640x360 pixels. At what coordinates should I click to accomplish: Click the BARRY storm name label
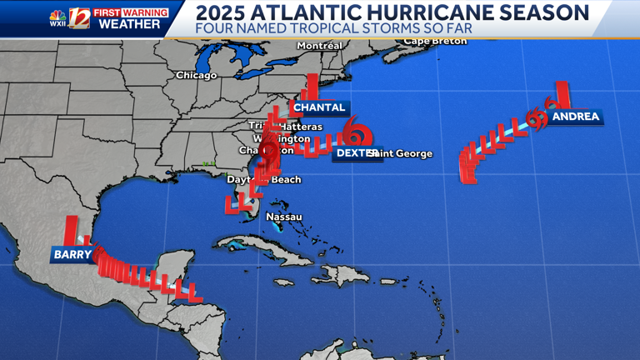(x=72, y=254)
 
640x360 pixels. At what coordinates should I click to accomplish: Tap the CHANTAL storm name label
(x=319, y=107)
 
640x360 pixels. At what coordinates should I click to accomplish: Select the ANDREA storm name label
(x=576, y=117)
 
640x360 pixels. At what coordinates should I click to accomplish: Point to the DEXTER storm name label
(x=350, y=153)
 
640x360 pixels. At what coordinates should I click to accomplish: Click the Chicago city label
(x=196, y=75)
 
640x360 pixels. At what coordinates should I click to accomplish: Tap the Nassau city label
(x=283, y=217)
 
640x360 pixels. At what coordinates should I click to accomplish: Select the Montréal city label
(x=319, y=45)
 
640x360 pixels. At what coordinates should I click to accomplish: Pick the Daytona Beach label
(x=264, y=179)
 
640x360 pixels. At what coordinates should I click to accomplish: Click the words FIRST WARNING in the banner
(x=130, y=12)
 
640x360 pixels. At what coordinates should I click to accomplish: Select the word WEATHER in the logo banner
(x=130, y=24)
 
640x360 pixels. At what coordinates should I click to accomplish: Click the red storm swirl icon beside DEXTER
(x=357, y=132)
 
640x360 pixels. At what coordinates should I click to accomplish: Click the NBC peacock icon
(x=57, y=14)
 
